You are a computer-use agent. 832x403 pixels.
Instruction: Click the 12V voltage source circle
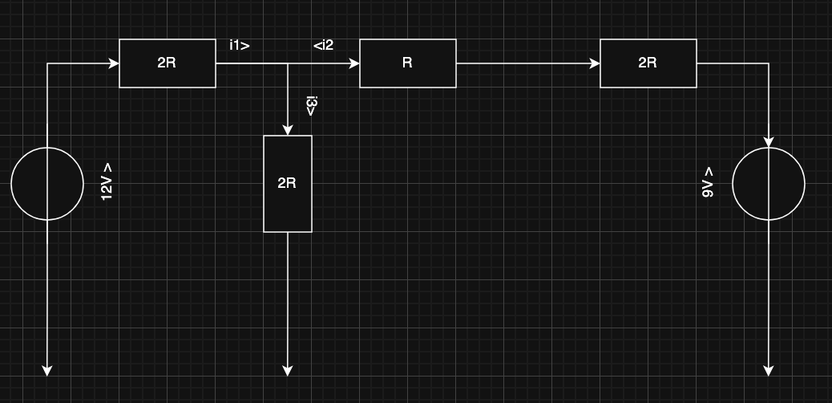click(47, 184)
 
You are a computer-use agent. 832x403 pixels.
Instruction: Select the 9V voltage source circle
click(769, 184)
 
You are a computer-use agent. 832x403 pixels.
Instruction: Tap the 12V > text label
click(107, 181)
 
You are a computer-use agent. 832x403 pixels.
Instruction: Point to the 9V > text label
click(708, 182)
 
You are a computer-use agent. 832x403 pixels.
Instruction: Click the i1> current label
click(239, 46)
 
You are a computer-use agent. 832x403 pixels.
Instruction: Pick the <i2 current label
click(323, 46)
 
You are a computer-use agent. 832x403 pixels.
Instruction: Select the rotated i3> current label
click(311, 106)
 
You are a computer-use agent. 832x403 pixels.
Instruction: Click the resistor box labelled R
click(407, 63)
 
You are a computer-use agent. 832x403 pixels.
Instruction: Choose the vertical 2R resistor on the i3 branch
click(288, 184)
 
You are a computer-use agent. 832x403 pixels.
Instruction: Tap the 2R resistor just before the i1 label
click(167, 63)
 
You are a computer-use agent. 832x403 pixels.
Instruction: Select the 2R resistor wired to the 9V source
click(648, 63)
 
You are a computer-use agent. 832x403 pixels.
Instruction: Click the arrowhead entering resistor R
click(354, 63)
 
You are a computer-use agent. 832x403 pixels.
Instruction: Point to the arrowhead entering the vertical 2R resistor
click(288, 130)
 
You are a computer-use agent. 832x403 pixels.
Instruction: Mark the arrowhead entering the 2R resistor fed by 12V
click(114, 63)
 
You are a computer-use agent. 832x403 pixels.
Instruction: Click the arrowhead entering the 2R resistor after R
click(595, 63)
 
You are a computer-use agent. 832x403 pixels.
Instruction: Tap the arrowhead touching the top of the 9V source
click(769, 142)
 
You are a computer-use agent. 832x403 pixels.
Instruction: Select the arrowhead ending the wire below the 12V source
click(47, 370)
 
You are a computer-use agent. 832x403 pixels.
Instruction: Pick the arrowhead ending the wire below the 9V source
click(769, 370)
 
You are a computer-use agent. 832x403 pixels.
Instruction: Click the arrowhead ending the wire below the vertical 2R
click(288, 370)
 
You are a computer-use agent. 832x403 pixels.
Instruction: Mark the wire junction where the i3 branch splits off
click(288, 63)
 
